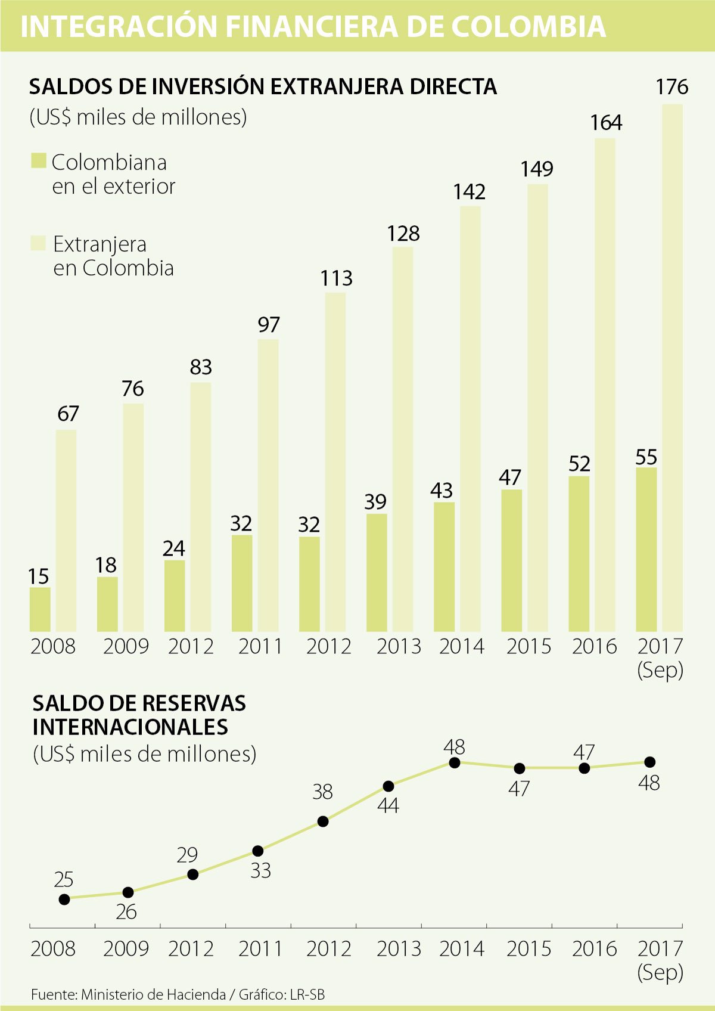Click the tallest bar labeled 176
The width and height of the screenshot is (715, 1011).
pos(673,367)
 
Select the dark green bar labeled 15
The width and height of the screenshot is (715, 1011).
pos(40,609)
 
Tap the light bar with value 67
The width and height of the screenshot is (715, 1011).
pos(66,531)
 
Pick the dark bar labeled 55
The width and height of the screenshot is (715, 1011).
pos(646,549)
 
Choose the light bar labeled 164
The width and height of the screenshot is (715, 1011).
pos(605,384)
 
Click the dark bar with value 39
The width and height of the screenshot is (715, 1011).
pos(377,572)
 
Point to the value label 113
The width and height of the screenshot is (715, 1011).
pos(337,278)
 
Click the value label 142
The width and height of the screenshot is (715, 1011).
pos(470,192)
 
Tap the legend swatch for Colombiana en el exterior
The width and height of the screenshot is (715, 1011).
pos(39,161)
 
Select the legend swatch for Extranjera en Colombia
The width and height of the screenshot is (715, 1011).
pos(38,243)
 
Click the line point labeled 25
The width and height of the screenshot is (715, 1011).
pos(64,899)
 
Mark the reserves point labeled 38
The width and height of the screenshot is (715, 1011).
pos(323,821)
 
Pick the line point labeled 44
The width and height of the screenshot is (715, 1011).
pos(388,786)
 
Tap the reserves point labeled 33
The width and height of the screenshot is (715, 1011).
pos(258,851)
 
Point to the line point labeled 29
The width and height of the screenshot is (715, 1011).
pos(192,874)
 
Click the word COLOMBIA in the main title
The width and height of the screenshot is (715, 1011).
pos(528,27)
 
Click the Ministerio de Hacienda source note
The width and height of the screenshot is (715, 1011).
pos(153,994)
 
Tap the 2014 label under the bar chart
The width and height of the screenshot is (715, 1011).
pos(462,647)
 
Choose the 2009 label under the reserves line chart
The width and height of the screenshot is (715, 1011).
pos(126,949)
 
